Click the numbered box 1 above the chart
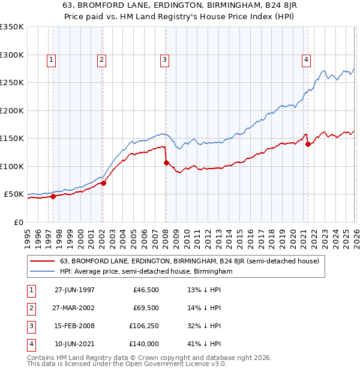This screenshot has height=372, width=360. click(52, 59)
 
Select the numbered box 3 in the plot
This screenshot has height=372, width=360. click(164, 59)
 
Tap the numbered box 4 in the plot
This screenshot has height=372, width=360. click(306, 59)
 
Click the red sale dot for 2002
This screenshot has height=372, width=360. click(103, 184)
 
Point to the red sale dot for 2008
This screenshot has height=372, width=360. click(166, 163)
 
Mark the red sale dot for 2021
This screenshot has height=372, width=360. click(307, 144)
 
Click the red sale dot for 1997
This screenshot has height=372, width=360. click(53, 196)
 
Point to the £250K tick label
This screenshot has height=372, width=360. click(12, 82)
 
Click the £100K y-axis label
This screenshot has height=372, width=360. click(12, 166)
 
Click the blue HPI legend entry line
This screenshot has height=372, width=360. click(43, 271)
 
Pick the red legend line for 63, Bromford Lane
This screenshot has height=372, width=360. click(43, 261)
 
